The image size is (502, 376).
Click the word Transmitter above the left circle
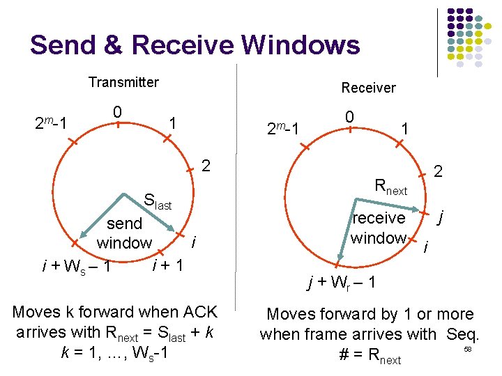[123, 82]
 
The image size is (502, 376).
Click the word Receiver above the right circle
[368, 88]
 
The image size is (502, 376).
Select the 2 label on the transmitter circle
[205, 166]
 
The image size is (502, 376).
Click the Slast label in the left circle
[157, 203]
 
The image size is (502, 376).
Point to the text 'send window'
[124, 233]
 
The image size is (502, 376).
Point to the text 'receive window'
[379, 228]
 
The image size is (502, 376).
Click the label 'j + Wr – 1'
[342, 283]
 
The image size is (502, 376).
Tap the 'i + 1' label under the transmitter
[167, 265]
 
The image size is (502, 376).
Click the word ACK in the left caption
[197, 313]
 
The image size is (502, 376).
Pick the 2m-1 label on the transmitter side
[51, 124]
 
